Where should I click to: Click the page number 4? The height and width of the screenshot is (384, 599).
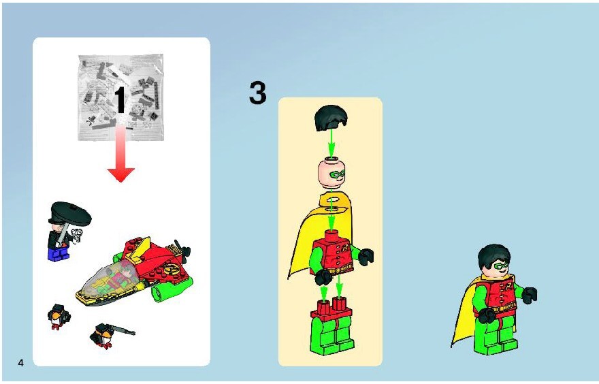[x=20, y=363]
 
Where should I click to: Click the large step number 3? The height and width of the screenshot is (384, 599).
[x=258, y=93]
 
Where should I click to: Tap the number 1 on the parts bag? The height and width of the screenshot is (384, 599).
[x=120, y=99]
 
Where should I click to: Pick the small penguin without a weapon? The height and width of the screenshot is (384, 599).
[x=59, y=317]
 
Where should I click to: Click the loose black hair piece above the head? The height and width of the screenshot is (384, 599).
[x=331, y=118]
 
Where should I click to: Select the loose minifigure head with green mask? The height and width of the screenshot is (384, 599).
[x=331, y=174]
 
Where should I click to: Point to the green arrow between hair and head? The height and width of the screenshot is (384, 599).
[x=331, y=143]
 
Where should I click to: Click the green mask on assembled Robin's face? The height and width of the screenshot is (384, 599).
[x=501, y=265]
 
